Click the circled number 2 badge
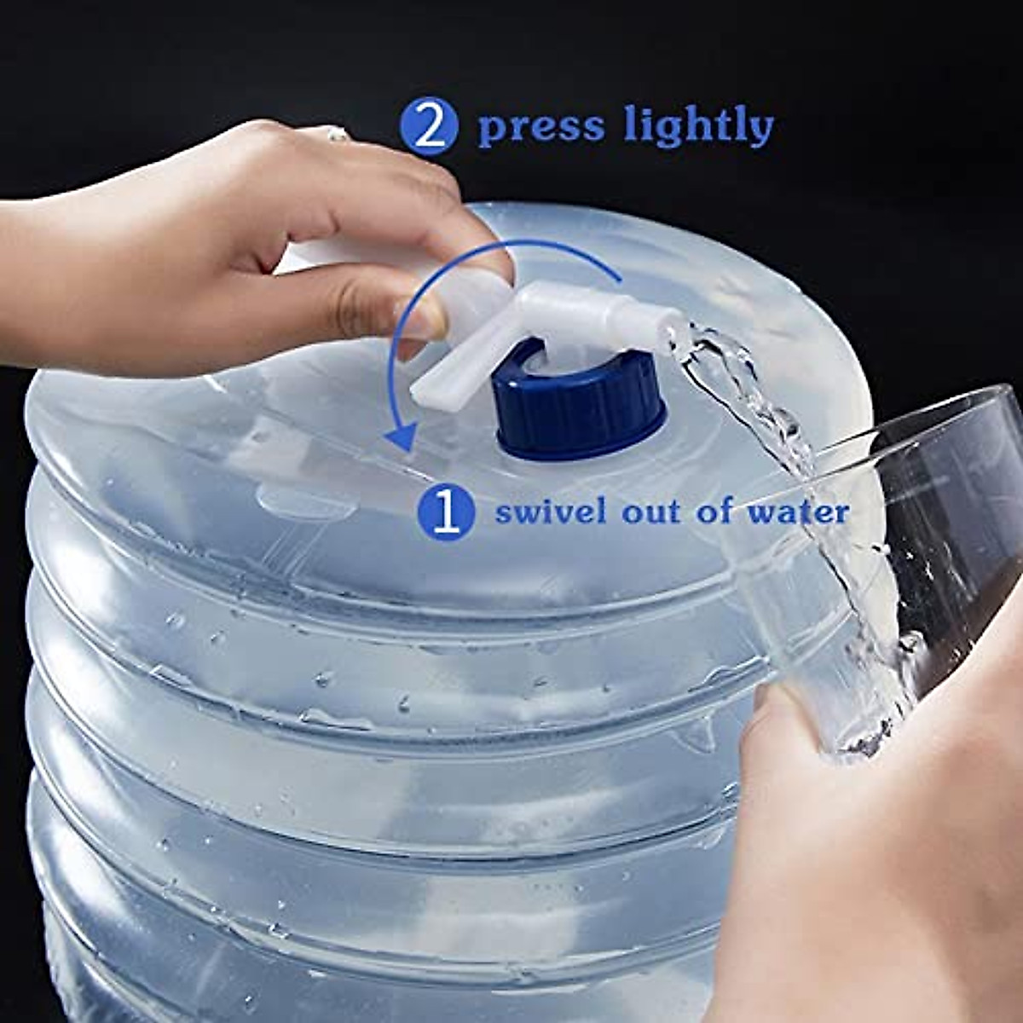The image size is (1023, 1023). pyautogui.click(x=429, y=126)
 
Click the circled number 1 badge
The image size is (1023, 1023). pyautogui.click(x=446, y=511)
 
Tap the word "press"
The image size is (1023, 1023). pyautogui.click(x=540, y=127)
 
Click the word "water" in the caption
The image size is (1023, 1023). pyautogui.click(x=798, y=511)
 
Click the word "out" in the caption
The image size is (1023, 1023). pyautogui.click(x=653, y=511)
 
